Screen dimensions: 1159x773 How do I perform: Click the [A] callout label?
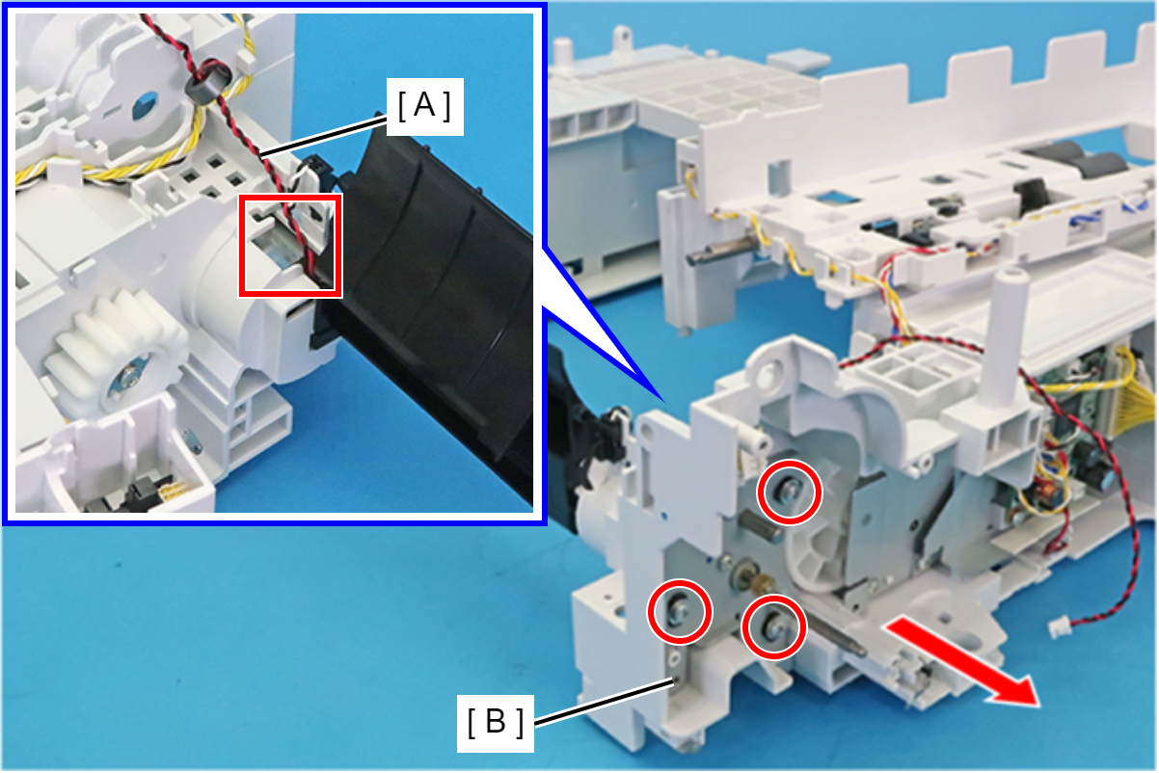tap(425, 107)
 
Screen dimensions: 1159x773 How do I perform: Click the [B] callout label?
tap(496, 723)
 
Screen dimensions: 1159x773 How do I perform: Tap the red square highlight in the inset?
tap(290, 246)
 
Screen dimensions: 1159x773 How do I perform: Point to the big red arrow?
tap(962, 661)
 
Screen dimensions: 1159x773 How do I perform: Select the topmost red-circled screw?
tap(789, 492)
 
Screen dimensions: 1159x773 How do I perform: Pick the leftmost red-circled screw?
tap(680, 612)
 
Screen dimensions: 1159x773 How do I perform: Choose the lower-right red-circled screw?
tap(774, 627)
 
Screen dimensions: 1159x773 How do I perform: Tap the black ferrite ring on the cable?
tap(207, 83)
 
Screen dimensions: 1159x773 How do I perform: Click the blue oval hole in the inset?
tap(146, 107)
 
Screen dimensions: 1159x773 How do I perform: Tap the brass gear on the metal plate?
tap(763, 583)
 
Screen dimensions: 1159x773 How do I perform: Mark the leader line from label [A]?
tap(324, 137)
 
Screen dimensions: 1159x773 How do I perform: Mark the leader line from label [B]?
tap(604, 701)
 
